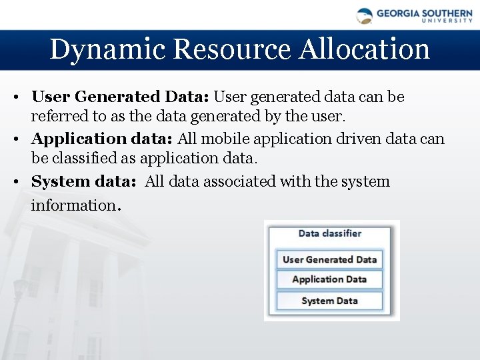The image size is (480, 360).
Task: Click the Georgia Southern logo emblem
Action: (365, 16)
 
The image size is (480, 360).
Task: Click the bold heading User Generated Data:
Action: (120, 97)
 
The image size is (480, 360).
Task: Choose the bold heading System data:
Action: (83, 181)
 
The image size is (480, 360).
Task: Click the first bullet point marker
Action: (14, 97)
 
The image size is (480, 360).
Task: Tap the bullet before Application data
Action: (14, 139)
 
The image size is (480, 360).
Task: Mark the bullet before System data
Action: (14, 182)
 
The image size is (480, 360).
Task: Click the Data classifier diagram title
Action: (329, 233)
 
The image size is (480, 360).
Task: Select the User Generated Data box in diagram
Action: (329, 259)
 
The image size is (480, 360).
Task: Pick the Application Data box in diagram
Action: (329, 279)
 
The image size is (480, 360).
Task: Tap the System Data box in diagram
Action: (329, 301)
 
